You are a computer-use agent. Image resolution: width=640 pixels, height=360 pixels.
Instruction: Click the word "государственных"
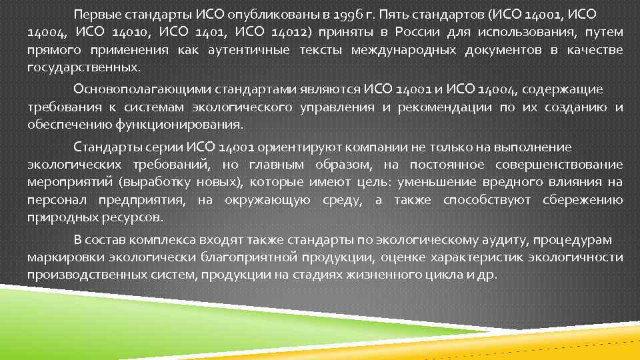tap(83, 67)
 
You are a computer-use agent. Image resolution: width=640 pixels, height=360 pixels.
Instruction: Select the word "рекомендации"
tap(439, 107)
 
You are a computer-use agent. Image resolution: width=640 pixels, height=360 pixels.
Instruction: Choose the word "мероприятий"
tap(69, 181)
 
